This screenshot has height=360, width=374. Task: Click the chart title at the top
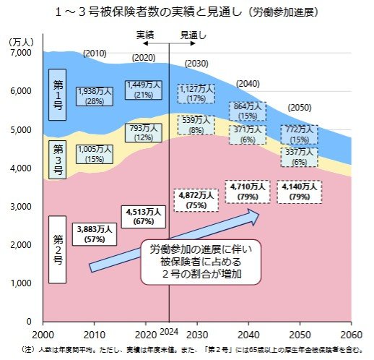[x=187, y=12]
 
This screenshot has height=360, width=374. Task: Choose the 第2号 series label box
[x=58, y=249]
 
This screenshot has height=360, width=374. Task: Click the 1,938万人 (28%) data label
[x=95, y=96]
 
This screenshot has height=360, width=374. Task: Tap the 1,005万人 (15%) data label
[x=95, y=153]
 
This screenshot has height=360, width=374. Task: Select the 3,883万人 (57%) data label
[x=95, y=233]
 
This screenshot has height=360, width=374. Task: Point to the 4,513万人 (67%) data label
[x=142, y=216]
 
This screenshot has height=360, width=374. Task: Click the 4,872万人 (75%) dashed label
[x=196, y=200]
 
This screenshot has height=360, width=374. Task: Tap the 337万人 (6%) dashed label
[x=298, y=157]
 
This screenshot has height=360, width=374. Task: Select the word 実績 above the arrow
[x=146, y=35]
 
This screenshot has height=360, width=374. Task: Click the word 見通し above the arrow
[x=193, y=35]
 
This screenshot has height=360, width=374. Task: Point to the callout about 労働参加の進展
[x=200, y=260]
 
